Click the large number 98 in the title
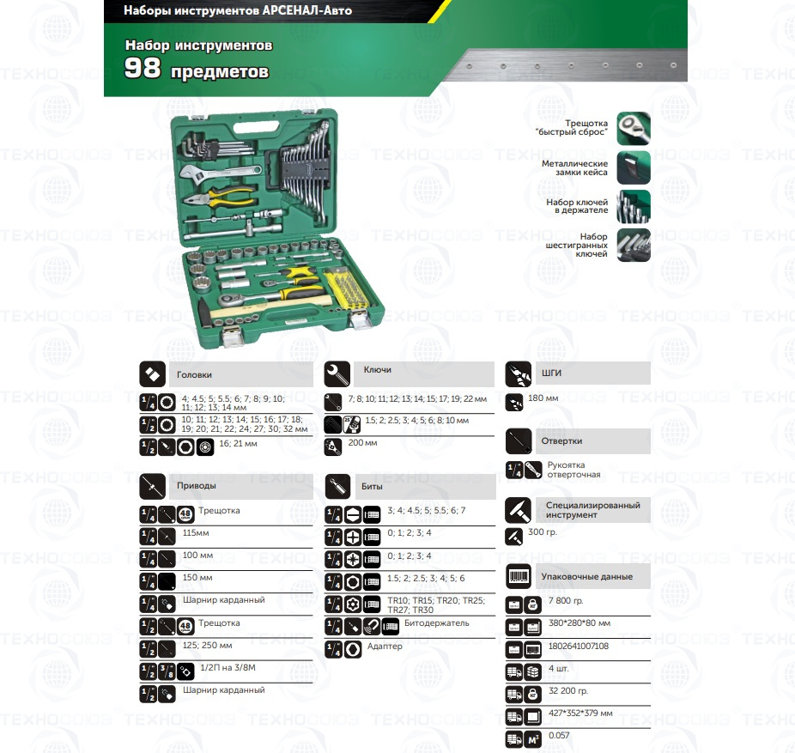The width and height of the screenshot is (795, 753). click(x=143, y=68)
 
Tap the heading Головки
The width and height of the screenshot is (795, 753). click(x=194, y=374)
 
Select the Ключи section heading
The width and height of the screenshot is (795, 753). click(x=377, y=370)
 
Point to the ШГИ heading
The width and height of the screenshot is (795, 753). click(x=552, y=373)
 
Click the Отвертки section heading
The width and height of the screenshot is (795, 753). click(x=561, y=440)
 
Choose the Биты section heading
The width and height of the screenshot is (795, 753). click(x=372, y=486)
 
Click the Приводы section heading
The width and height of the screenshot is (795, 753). click(x=197, y=486)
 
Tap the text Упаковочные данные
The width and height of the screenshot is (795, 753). click(x=586, y=576)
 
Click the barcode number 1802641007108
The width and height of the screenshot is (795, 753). click(x=579, y=646)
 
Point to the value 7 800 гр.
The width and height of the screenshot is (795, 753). click(x=566, y=601)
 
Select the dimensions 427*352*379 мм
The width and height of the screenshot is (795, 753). click(x=580, y=713)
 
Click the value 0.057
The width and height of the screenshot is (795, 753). click(x=559, y=735)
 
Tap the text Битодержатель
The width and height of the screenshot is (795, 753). click(x=436, y=623)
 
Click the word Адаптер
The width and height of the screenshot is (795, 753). click(x=385, y=646)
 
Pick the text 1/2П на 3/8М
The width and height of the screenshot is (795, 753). click(x=228, y=668)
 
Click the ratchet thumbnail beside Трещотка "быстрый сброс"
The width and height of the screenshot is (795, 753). click(x=634, y=128)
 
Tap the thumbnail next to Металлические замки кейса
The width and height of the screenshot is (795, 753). click(x=634, y=167)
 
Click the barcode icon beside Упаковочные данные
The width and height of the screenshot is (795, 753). click(x=519, y=576)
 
